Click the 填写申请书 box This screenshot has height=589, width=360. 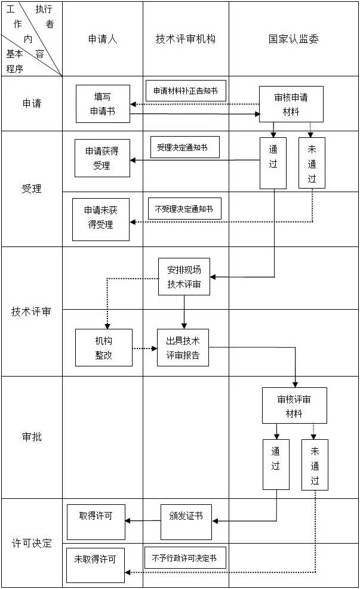point(102,103)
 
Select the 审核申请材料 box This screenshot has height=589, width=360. point(291,104)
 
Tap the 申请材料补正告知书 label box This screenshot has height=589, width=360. point(186,91)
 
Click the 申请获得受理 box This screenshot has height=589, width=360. point(101,158)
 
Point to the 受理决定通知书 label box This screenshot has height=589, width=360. point(184,147)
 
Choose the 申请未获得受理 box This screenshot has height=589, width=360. point(101,219)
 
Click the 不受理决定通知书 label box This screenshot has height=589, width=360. point(184,209)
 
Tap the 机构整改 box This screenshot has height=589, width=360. point(103,347)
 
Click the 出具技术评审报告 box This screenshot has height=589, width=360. point(183,347)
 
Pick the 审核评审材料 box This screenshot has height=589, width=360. point(294,406)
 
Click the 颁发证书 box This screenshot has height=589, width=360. point(186,522)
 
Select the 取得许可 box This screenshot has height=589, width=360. point(96,522)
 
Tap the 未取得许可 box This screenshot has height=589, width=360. point(96,565)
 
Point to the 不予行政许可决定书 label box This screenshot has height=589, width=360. point(185,558)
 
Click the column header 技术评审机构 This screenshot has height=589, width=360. point(186,39)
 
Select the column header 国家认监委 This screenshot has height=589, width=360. point(293,39)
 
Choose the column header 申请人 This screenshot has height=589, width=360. point(103,39)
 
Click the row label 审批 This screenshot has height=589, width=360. point(32,437)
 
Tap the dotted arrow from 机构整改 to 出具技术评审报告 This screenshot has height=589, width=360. point(144,348)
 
